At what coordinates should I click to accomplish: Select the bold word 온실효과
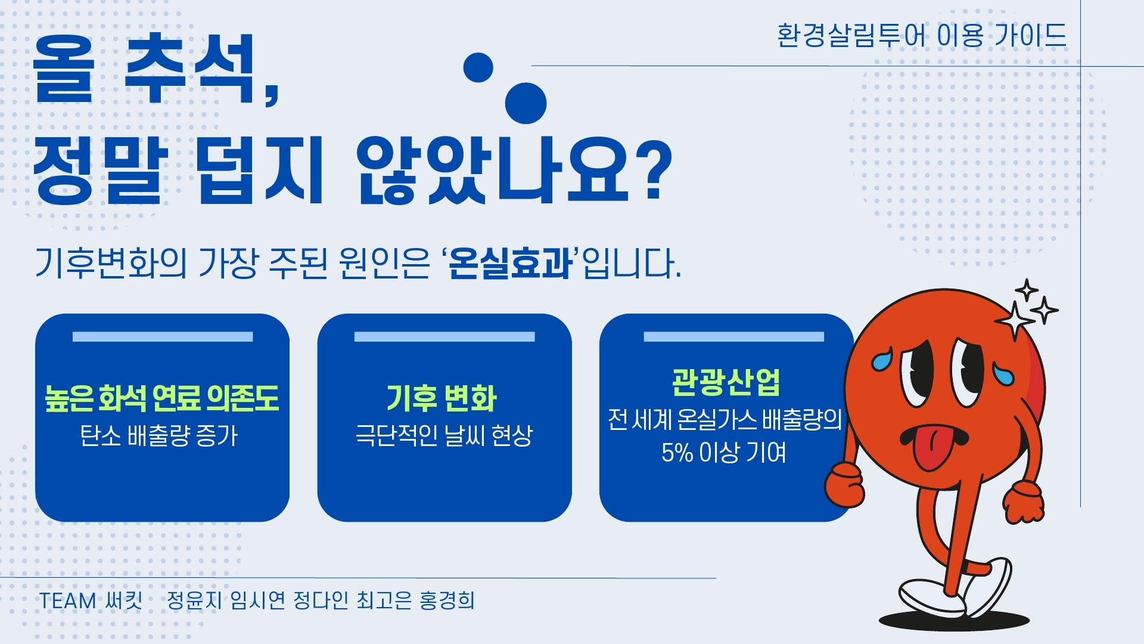[509, 264]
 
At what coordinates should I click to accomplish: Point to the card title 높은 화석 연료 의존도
[162, 398]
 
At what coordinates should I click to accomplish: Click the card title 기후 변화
[442, 398]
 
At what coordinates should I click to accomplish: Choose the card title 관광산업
[726, 382]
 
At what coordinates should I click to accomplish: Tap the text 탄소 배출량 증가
[159, 436]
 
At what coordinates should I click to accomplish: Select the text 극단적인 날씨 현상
[444, 435]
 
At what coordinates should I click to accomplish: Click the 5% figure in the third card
[677, 453]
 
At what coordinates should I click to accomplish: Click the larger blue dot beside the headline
[526, 103]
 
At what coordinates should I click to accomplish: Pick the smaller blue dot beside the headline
[478, 67]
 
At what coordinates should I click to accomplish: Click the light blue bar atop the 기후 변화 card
[444, 337]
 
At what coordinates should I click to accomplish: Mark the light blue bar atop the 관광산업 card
[733, 337]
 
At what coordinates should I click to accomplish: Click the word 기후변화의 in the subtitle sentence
[111, 264]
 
